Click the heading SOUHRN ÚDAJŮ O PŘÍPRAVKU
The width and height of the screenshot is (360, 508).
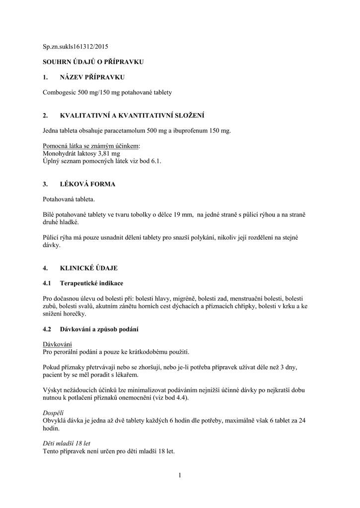(93, 62)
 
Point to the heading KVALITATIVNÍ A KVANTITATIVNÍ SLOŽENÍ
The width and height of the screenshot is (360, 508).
(132, 116)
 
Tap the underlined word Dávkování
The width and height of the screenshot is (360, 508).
(58, 344)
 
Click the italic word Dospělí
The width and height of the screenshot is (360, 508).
(54, 413)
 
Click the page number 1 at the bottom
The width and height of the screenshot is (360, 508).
(180, 476)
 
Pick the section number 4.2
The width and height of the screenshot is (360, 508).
(48, 329)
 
